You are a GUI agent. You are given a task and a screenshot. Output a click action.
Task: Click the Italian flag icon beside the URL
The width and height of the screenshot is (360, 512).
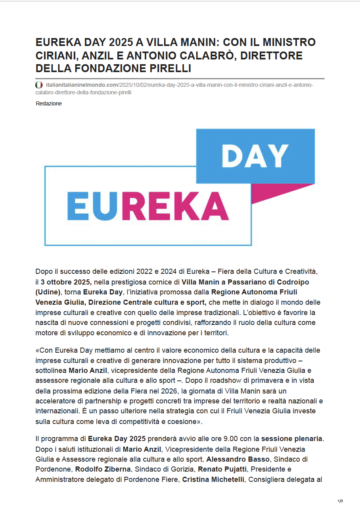tap(39, 85)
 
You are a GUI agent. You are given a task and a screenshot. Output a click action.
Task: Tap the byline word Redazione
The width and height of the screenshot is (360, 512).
tap(49, 104)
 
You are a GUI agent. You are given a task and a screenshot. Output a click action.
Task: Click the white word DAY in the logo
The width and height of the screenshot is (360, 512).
tap(255, 155)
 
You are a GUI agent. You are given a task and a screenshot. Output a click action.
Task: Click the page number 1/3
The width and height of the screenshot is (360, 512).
tap(340, 501)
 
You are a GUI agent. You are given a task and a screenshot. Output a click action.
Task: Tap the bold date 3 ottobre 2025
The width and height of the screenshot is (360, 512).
tap(66, 282)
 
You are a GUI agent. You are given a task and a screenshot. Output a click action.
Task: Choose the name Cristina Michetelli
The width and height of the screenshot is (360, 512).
tap(213, 480)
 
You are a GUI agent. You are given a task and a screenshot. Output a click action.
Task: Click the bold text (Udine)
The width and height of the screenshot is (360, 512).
tap(48, 292)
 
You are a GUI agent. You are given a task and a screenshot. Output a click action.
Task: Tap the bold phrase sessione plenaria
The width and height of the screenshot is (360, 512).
tap(292, 439)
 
